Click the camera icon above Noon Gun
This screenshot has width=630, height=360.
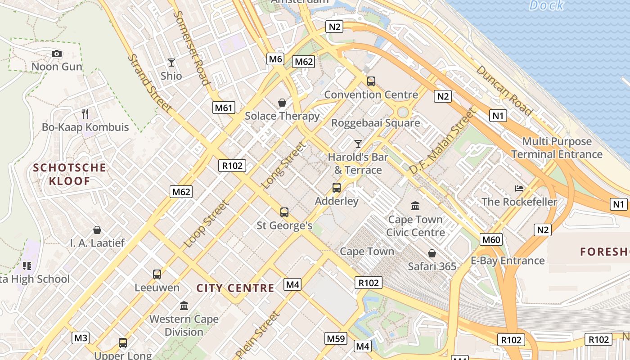[x=57, y=54]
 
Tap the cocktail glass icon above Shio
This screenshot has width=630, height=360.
[x=171, y=63]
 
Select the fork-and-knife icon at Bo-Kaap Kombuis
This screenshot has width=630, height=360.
[x=85, y=113]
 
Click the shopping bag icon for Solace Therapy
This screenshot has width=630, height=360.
[x=282, y=103]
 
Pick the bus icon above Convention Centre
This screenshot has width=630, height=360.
[x=371, y=81]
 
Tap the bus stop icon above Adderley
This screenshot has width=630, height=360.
[x=337, y=188]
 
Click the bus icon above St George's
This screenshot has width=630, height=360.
[x=284, y=212]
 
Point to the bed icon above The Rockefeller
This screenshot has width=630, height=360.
[x=519, y=188]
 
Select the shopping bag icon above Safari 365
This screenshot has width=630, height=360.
[x=432, y=253]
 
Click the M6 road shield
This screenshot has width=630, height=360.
[x=275, y=58]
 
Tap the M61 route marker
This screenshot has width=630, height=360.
[x=224, y=107]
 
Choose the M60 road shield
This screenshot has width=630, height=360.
[x=491, y=239]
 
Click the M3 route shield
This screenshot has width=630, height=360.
[x=81, y=337]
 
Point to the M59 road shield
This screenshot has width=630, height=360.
[x=336, y=338]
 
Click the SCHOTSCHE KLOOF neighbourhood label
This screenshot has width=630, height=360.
[x=70, y=175]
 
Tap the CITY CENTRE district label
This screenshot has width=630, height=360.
[x=235, y=288]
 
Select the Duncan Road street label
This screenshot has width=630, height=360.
[x=504, y=90]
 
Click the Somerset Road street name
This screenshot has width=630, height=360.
[x=191, y=48]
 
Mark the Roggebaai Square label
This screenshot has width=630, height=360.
[x=375, y=123]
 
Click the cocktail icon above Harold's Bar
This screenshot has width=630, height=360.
[x=358, y=144]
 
